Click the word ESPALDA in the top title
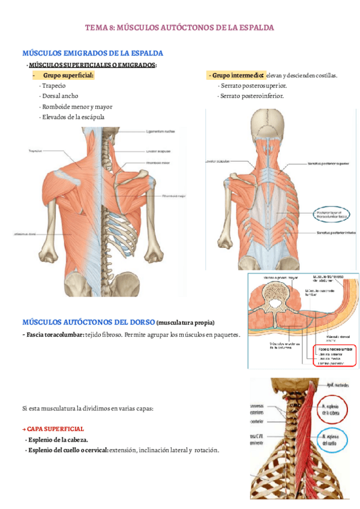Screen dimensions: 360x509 (254, 28)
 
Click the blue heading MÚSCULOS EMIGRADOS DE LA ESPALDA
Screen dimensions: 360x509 (92, 53)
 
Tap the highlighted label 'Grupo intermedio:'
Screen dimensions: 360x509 (236, 76)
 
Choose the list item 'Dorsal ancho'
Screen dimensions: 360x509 (59, 96)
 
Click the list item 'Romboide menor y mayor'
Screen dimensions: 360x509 (76, 106)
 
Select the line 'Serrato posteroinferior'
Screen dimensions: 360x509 (252, 96)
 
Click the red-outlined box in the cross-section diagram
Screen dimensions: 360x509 (333, 355)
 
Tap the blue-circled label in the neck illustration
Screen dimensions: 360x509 (332, 440)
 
